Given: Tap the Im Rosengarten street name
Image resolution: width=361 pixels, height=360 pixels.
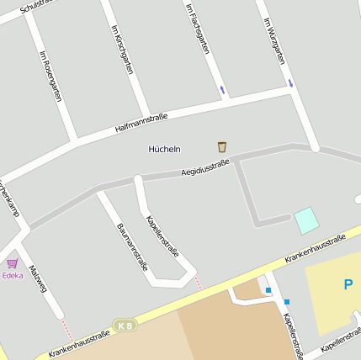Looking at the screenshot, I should point(50,77).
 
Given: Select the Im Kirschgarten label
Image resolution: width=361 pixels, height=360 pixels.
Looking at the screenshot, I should point(122,49).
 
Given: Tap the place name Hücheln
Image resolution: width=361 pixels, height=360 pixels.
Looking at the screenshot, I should point(164,149).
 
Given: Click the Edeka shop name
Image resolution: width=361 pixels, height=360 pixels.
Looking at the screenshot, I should point(13,275).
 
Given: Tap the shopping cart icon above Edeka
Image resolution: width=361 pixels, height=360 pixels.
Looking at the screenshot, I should point(13,263).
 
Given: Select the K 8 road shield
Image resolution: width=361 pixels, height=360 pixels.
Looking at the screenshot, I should point(125,325).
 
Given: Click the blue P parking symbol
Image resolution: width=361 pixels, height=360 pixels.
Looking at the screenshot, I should point(348,284).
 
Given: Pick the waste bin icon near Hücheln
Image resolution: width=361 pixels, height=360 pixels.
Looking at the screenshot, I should point(222,146).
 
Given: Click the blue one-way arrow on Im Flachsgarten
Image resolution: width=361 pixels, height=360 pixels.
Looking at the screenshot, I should point(222,89).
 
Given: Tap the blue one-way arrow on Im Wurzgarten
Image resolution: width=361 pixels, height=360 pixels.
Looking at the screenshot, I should point(290,82).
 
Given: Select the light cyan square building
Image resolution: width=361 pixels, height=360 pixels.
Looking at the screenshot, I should point(306,220).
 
